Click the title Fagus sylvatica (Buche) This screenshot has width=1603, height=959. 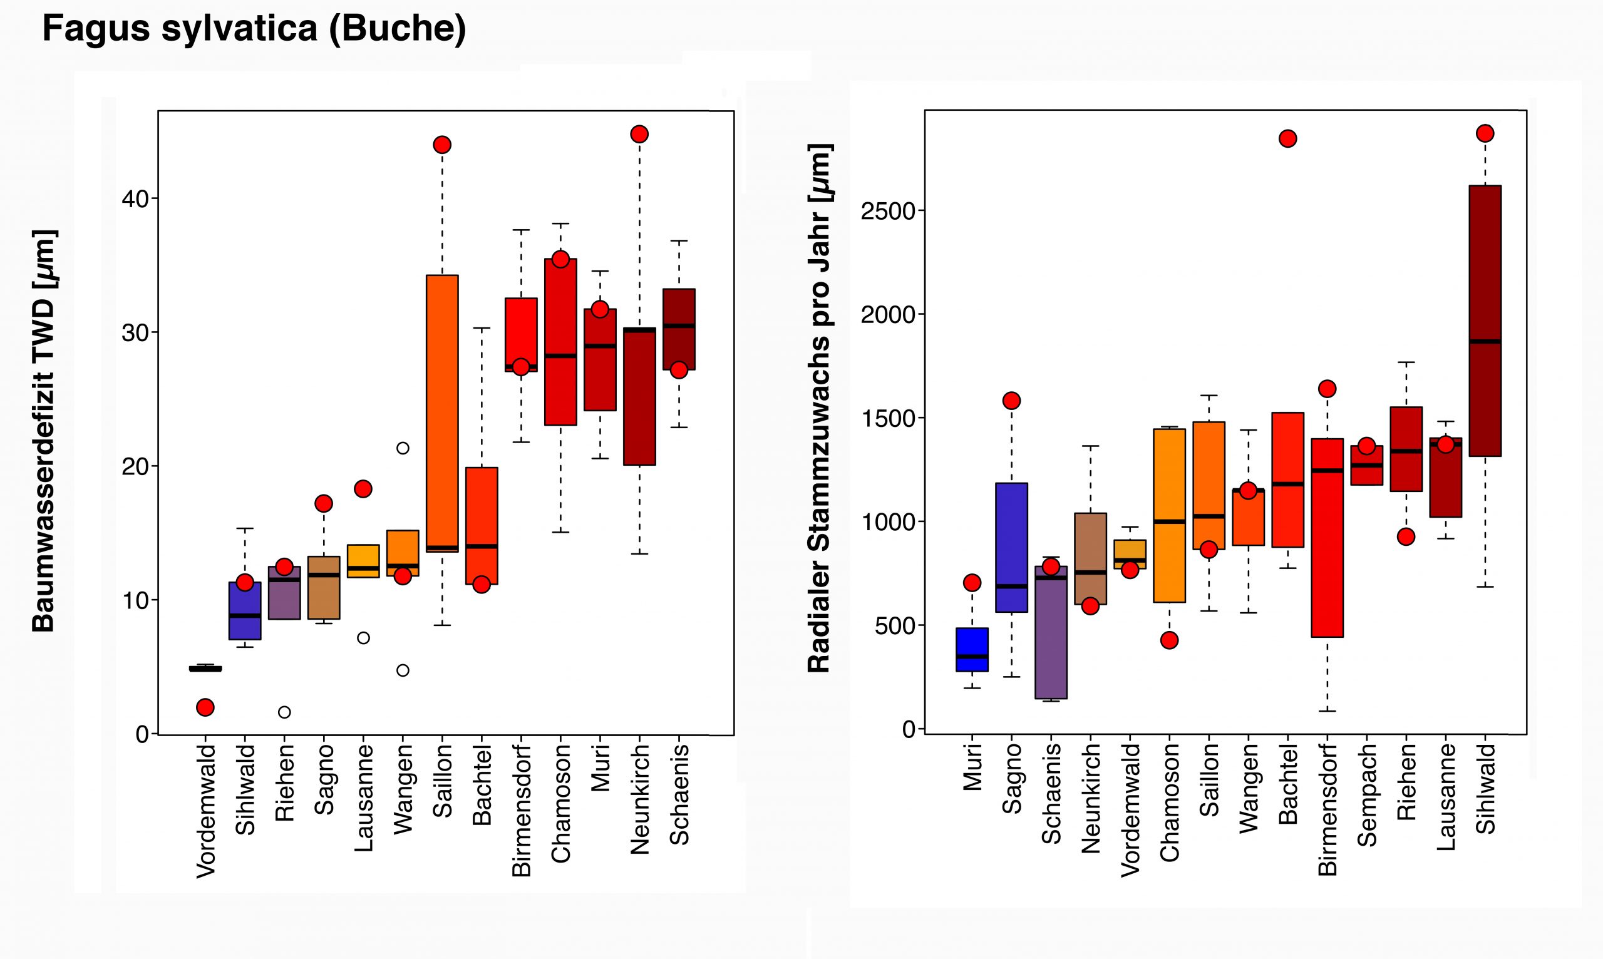(254, 28)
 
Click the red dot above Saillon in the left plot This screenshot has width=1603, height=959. (442, 145)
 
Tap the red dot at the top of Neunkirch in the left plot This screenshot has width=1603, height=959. (639, 135)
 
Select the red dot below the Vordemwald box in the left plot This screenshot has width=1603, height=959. (205, 707)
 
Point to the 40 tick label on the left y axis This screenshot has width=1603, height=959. (135, 199)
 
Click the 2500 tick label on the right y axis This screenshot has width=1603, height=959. (888, 212)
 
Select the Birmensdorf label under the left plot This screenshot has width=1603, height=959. (521, 811)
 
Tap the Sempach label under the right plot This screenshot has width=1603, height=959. (1366, 795)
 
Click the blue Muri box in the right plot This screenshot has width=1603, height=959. (972, 650)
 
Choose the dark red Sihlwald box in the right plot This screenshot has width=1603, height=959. (1485, 321)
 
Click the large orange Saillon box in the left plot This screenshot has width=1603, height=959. (442, 414)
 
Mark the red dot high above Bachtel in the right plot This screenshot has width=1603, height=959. (1287, 139)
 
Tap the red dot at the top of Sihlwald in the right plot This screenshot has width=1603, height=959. (1485, 134)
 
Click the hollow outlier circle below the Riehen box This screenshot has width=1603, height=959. (284, 712)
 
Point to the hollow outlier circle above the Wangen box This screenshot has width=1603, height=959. (403, 448)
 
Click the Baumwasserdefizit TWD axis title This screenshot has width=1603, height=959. (44, 431)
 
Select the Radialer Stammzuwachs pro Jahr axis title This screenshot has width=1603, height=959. (819, 408)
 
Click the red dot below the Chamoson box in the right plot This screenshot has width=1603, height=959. (1169, 640)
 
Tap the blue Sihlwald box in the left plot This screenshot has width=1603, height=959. (245, 611)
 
